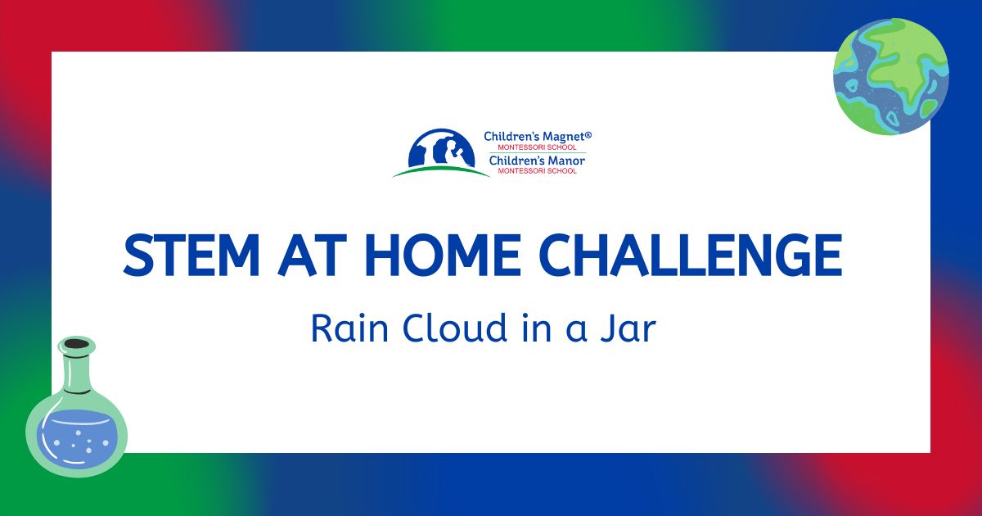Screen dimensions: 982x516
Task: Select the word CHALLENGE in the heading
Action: coord(691,255)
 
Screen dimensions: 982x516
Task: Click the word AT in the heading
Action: coord(309,255)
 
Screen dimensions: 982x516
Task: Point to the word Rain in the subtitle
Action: coord(349,328)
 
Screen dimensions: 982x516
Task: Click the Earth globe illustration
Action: coord(891,76)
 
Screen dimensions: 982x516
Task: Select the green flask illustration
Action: coord(77,406)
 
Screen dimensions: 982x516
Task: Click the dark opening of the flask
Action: coord(77,343)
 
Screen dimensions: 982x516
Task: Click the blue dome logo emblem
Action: coord(442,148)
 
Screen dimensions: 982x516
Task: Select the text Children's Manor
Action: coord(537,161)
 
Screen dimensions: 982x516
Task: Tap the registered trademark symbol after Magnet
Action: coord(588,134)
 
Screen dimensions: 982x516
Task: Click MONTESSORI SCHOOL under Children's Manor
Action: coord(537,170)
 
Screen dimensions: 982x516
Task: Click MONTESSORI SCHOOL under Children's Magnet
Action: coord(537,147)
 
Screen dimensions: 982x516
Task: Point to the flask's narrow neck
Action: coord(77,372)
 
